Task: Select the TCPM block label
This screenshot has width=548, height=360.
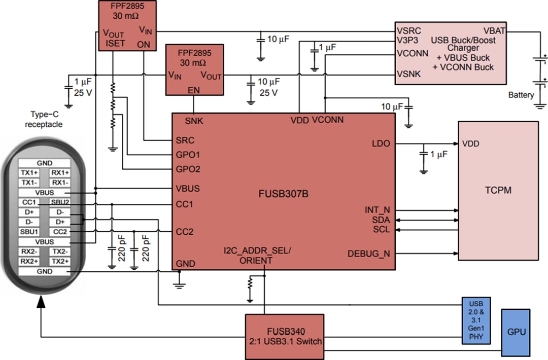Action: [498, 191]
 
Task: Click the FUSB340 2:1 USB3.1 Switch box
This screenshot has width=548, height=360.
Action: [284, 336]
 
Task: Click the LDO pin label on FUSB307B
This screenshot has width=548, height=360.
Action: [381, 143]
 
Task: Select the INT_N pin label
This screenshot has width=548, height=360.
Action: [378, 210]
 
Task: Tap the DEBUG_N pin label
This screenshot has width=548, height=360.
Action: [369, 254]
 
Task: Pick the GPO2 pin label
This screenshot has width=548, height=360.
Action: [187, 169]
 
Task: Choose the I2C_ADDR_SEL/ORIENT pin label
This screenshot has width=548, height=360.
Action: [257, 256]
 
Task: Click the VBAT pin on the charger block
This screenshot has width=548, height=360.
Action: [494, 30]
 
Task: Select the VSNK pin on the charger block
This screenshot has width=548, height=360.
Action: [408, 75]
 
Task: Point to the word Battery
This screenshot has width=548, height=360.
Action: [521, 95]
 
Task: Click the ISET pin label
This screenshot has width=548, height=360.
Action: [116, 44]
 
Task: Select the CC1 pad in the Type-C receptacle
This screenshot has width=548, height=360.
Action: [29, 202]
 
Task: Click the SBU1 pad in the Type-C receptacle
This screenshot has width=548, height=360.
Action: [29, 232]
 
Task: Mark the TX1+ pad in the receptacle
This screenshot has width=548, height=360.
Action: [29, 173]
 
